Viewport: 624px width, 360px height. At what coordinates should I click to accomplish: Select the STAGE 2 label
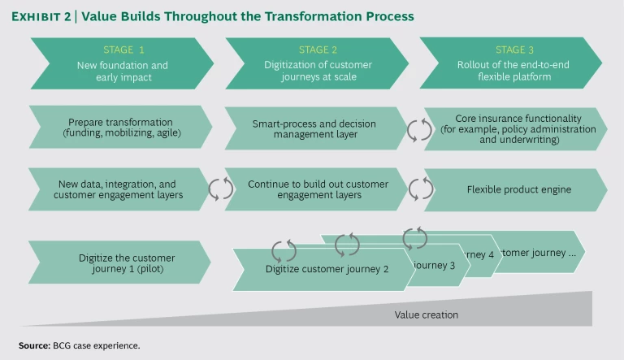(x=313, y=50)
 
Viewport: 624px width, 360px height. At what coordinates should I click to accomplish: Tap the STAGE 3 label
(x=509, y=50)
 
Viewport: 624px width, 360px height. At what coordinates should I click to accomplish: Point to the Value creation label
(x=427, y=314)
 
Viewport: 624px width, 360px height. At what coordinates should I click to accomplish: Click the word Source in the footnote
(x=35, y=345)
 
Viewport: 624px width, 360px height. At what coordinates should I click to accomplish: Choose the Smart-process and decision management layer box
(x=313, y=129)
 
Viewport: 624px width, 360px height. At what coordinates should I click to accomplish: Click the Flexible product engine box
(x=518, y=189)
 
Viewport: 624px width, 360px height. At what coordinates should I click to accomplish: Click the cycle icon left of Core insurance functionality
(x=419, y=129)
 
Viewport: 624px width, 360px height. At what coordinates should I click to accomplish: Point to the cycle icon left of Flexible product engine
(x=419, y=189)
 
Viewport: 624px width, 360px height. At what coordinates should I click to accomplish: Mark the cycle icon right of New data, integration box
(x=221, y=189)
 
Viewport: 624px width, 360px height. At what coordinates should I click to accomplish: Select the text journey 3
(x=439, y=264)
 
